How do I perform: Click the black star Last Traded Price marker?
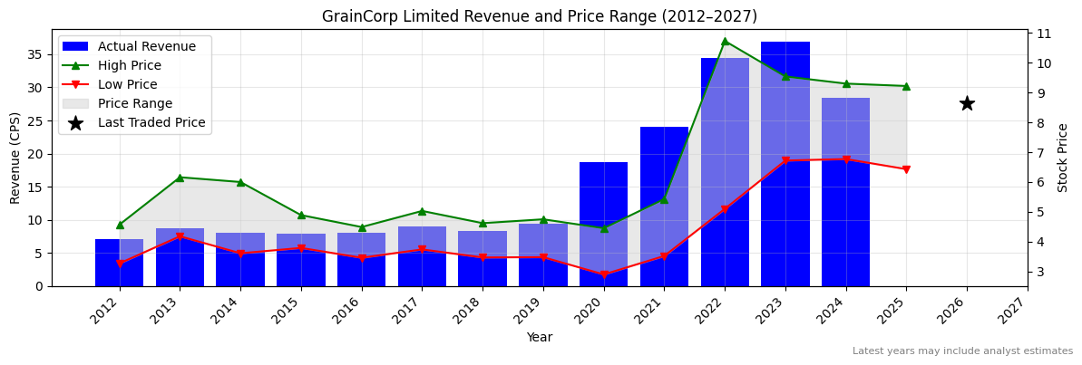tap(967, 103)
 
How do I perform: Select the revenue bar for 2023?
tap(785, 163)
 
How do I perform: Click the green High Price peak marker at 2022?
tap(725, 41)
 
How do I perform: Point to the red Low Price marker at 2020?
tap(603, 274)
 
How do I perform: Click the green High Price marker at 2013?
tap(180, 178)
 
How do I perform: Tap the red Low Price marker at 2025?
tap(906, 169)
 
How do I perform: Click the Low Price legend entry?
tap(127, 85)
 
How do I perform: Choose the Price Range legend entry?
tap(134, 104)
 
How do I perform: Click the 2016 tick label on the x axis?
tap(356, 312)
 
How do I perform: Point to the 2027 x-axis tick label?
tap(1022, 312)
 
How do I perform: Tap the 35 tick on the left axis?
tap(36, 54)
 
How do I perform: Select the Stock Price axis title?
tap(1064, 158)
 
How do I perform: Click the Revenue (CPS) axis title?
tap(15, 158)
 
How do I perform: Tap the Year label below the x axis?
tap(539, 338)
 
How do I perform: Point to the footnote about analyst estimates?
tap(962, 351)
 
